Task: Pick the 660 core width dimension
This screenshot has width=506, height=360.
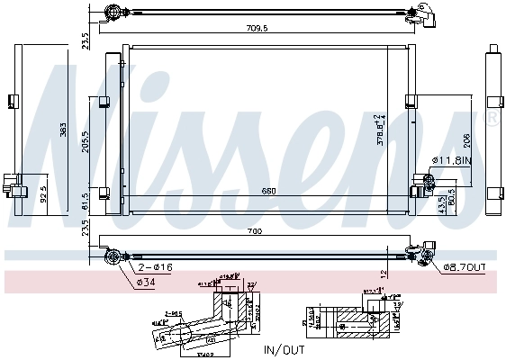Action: click(269, 191)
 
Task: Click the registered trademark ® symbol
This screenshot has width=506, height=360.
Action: click(490, 117)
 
